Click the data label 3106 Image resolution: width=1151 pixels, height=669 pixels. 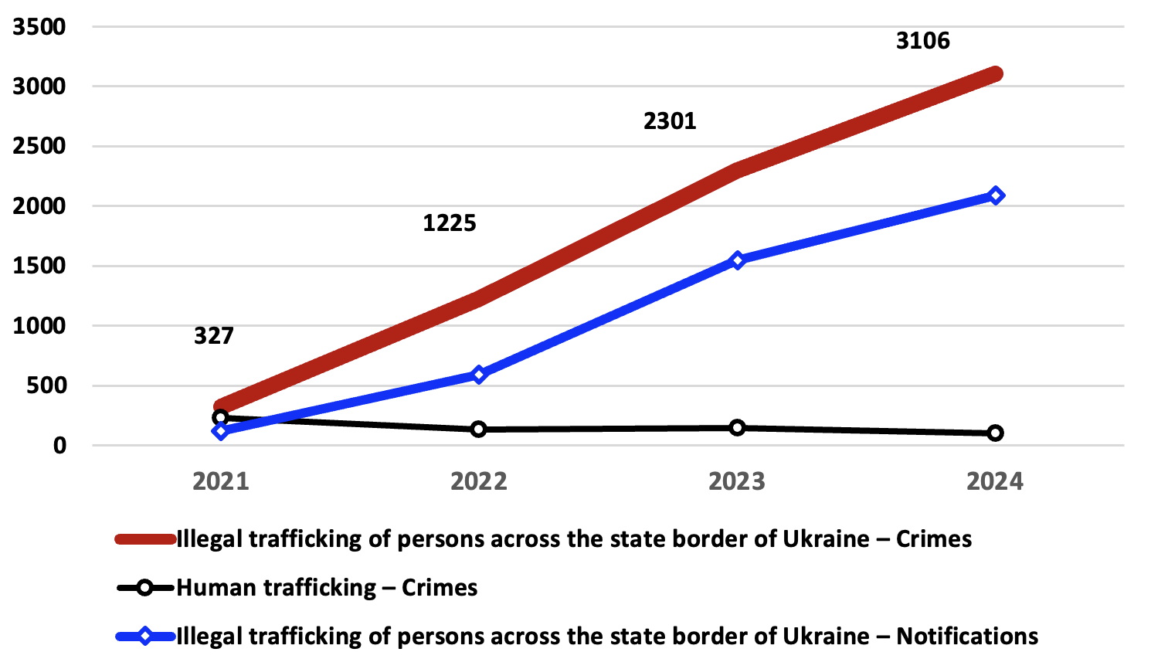point(922,41)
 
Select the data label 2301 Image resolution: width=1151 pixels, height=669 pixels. point(670,121)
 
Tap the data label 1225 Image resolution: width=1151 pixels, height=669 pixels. point(450,223)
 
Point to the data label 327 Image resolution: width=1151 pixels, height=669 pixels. point(213,336)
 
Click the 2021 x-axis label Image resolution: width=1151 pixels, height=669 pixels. point(220,481)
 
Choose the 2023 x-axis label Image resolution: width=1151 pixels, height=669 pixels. point(736,481)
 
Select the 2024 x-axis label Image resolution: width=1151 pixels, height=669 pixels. point(995,481)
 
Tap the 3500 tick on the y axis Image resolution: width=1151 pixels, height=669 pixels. point(39,27)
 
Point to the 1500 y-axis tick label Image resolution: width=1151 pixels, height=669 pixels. point(39,266)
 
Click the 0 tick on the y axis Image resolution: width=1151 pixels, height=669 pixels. point(59,446)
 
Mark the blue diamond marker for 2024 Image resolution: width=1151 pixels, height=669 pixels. point(996,195)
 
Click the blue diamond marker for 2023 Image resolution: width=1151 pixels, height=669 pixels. point(737,260)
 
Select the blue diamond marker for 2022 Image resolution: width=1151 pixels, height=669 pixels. point(479,375)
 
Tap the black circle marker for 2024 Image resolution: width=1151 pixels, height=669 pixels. point(996,433)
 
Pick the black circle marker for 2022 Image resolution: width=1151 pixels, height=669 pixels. point(479,429)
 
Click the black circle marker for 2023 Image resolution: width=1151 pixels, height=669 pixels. point(737,427)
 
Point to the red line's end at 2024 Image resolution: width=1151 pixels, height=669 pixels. point(995,74)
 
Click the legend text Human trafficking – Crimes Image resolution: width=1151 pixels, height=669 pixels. point(327,588)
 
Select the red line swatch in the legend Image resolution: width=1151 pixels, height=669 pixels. point(145,539)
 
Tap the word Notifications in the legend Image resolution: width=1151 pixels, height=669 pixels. point(967,637)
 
